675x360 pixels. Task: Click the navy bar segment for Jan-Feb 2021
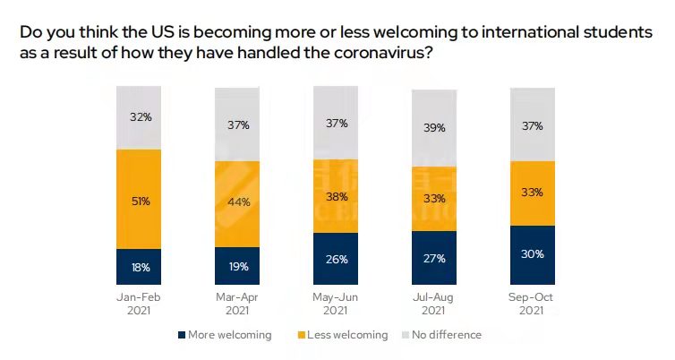139,267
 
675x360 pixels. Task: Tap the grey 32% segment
139,117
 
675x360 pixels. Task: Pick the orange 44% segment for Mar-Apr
237,203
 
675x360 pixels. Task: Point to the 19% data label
237,267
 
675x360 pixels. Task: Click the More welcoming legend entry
226,335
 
